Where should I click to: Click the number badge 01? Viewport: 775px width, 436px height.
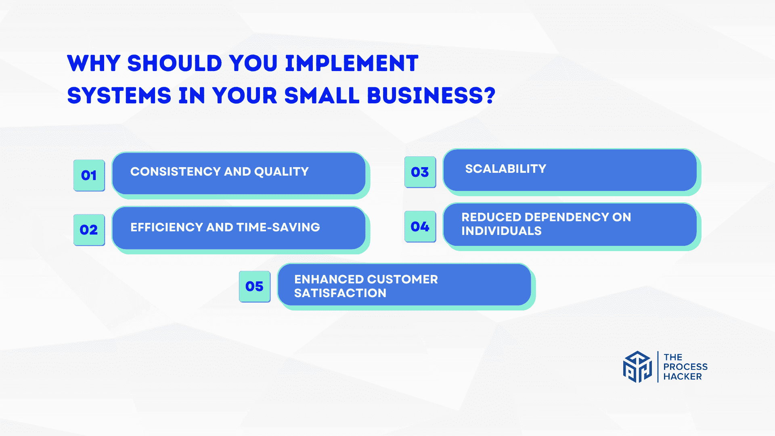(89, 175)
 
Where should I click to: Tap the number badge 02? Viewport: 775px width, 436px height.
(89, 230)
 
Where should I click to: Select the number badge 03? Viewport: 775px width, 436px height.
(420, 172)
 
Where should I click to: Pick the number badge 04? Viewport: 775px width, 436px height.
(420, 226)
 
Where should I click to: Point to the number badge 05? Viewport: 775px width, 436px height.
(255, 286)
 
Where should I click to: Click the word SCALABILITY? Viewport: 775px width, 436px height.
(506, 169)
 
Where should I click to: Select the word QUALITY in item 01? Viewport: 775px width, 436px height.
(281, 172)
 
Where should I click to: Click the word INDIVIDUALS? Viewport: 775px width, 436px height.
(501, 231)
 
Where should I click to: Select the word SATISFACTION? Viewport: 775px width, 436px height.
(340, 293)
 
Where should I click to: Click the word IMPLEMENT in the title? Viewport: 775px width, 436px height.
(352, 63)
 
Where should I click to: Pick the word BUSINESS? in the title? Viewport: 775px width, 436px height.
(431, 96)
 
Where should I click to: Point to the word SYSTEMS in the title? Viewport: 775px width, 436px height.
(119, 96)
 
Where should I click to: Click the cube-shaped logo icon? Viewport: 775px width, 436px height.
(637, 367)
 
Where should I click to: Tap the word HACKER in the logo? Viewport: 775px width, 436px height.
(683, 377)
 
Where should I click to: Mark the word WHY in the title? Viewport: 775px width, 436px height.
(94, 63)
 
